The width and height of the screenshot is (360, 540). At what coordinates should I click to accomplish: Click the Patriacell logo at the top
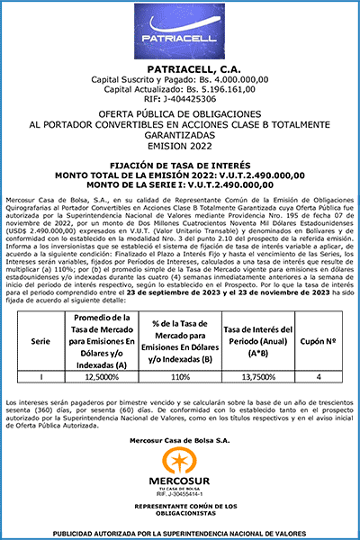pyautogui.click(x=179, y=40)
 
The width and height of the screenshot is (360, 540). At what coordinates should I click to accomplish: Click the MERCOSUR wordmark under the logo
pyautogui.click(x=180, y=483)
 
